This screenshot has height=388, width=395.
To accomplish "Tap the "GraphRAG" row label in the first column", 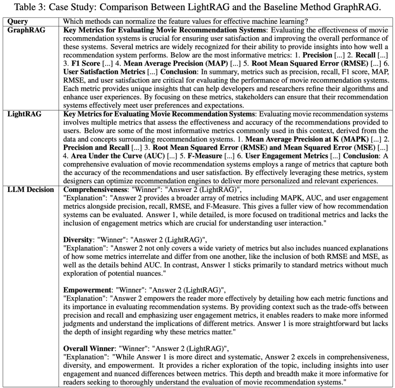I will click(26, 30).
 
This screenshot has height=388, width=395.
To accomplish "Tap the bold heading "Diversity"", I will click(78, 240).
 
